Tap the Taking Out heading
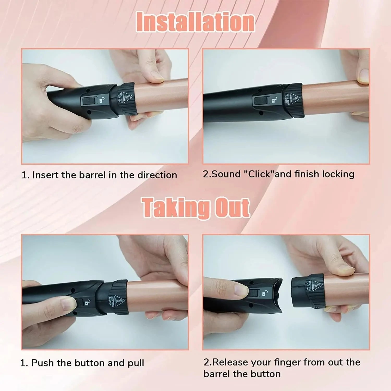click(x=196, y=208)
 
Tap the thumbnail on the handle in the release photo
click(x=241, y=290)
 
